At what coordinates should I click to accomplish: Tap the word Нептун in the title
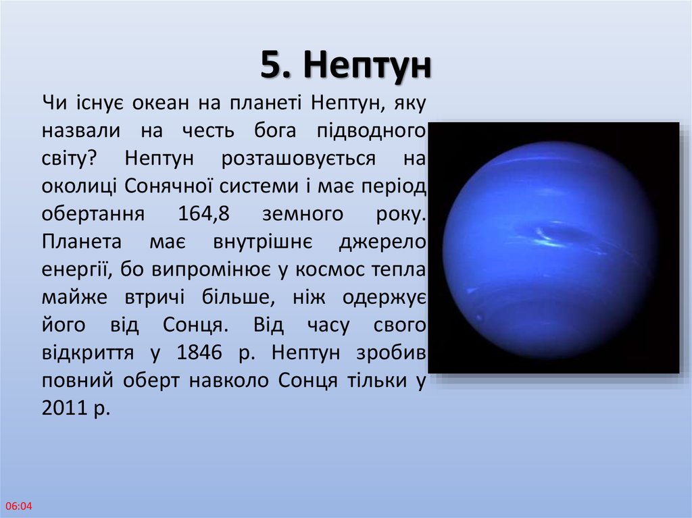(367, 66)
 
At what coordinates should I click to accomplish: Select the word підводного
(371, 132)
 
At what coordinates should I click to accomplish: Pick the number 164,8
(204, 214)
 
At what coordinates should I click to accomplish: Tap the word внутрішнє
(263, 241)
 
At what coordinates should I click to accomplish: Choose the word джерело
(382, 242)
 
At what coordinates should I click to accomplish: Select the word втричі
(155, 297)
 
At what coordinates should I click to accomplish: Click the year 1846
(199, 353)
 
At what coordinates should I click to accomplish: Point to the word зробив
(391, 353)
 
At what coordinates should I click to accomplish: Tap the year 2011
(64, 408)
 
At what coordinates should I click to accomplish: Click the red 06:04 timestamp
(19, 506)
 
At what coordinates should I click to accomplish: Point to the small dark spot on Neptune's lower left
(479, 317)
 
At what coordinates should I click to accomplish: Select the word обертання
(93, 215)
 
